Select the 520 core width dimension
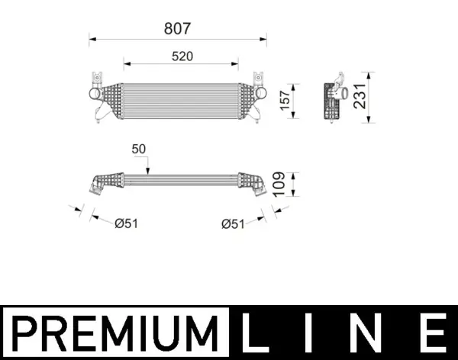[x=181, y=56]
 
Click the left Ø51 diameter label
[x=125, y=223]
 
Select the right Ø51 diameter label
[x=233, y=223]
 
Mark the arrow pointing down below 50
[x=148, y=167]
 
